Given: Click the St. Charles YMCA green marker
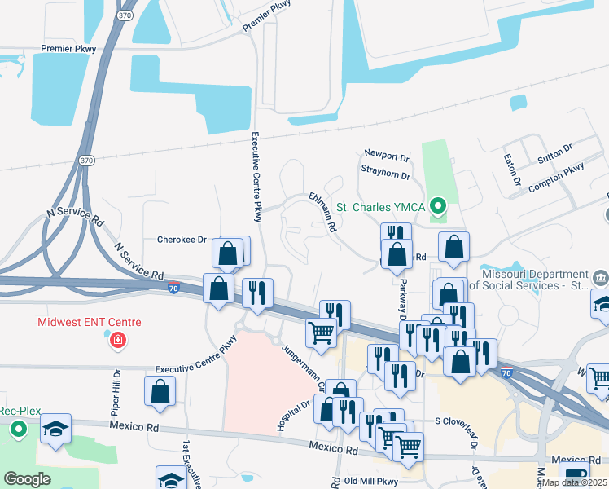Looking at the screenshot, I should (439, 206).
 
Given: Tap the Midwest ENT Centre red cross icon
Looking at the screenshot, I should (119, 339).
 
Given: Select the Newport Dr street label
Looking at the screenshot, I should (386, 155).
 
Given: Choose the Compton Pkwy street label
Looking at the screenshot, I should (556, 178).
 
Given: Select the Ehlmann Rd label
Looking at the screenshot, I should (323, 213).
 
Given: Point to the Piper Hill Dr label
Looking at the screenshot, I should (117, 391).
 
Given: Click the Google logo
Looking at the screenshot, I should (27, 479).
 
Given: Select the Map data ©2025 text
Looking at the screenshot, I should (575, 482).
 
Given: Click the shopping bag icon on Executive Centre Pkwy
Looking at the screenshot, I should (160, 390).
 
